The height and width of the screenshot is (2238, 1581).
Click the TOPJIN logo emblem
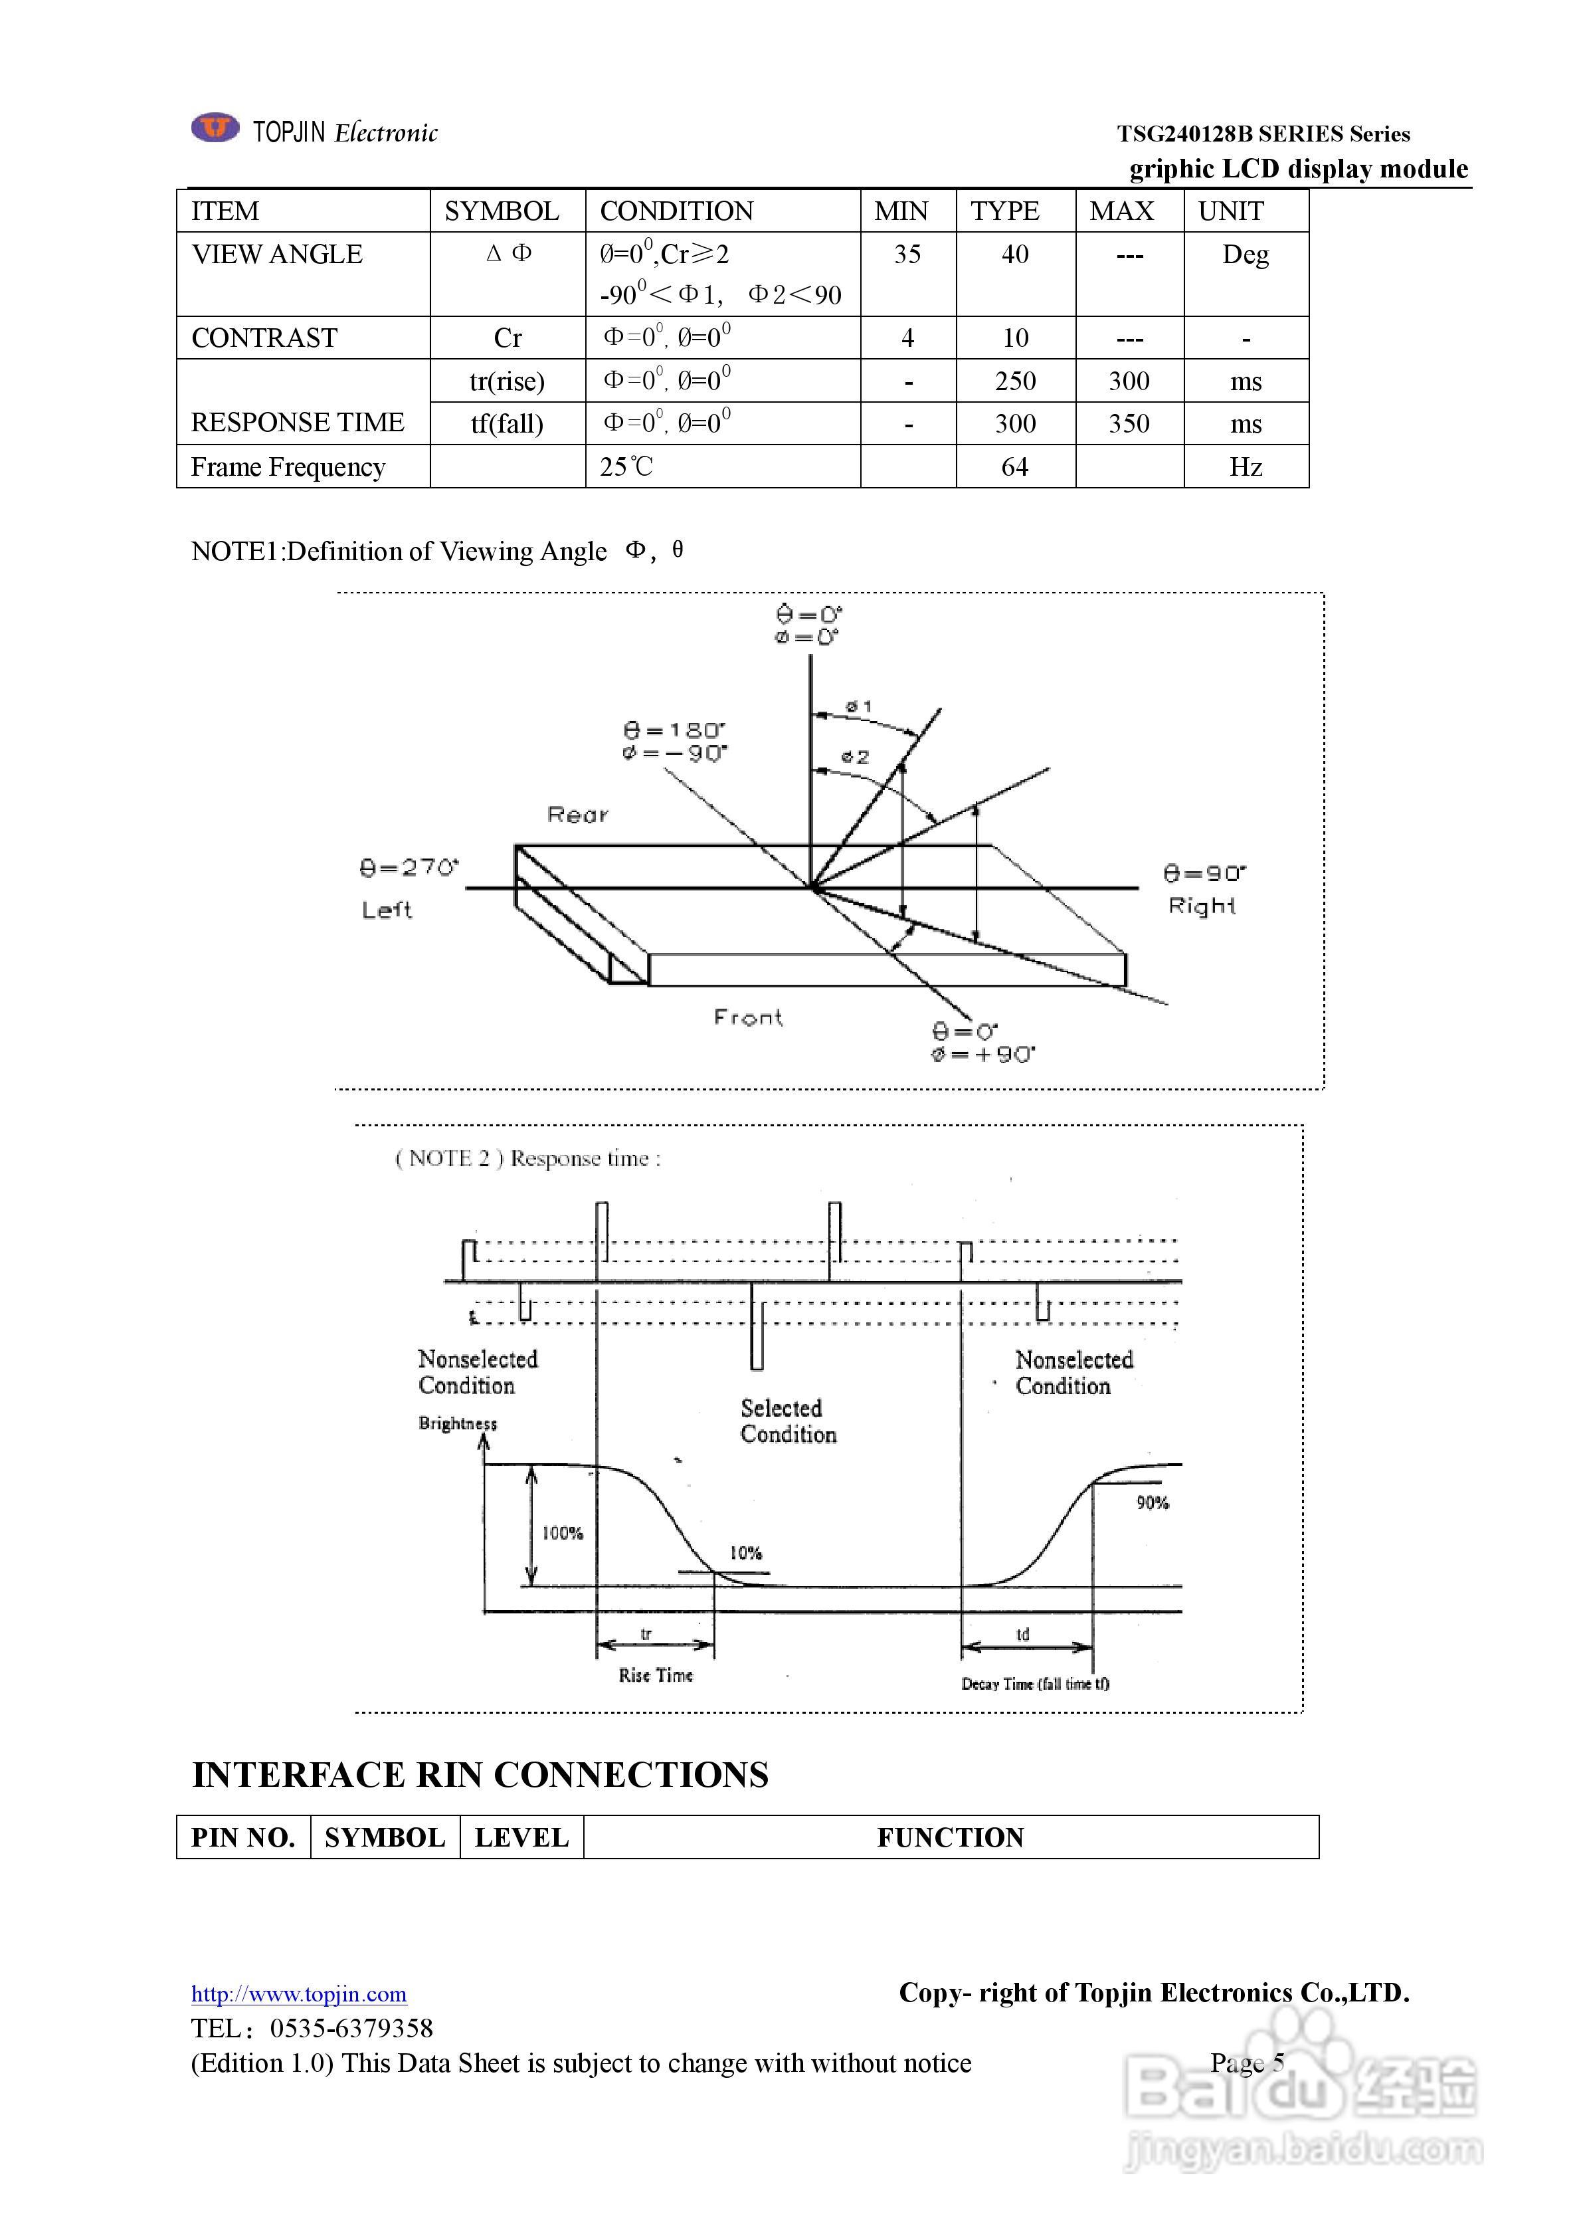pyautogui.click(x=215, y=128)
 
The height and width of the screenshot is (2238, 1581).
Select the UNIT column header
pyautogui.click(x=1230, y=211)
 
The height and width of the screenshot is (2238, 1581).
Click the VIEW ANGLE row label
pyautogui.click(x=277, y=254)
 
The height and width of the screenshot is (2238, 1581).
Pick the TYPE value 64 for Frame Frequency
pyautogui.click(x=1014, y=467)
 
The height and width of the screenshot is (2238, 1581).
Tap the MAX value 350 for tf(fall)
pyautogui.click(x=1129, y=424)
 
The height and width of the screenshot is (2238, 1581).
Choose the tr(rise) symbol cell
pyautogui.click(x=507, y=381)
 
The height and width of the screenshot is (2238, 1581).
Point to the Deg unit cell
pyautogui.click(x=1246, y=255)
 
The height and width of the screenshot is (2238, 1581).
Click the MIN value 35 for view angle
pyautogui.click(x=907, y=254)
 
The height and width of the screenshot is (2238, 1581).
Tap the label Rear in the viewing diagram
pyautogui.click(x=578, y=815)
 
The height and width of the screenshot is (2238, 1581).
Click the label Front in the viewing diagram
pyautogui.click(x=747, y=1017)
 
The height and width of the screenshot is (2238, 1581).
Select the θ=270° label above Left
pyautogui.click(x=409, y=868)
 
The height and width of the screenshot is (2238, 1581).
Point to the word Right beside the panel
pyautogui.click(x=1202, y=906)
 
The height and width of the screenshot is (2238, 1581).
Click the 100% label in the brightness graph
pyautogui.click(x=563, y=1533)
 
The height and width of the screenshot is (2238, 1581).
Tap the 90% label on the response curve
pyautogui.click(x=1152, y=1503)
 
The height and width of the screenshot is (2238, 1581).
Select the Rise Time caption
pyautogui.click(x=656, y=1675)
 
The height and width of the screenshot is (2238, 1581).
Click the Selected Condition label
pyautogui.click(x=788, y=1421)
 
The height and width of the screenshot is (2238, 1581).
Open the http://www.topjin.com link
pyautogui.click(x=298, y=1994)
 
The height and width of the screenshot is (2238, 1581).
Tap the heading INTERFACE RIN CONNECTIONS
pyautogui.click(x=480, y=1775)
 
